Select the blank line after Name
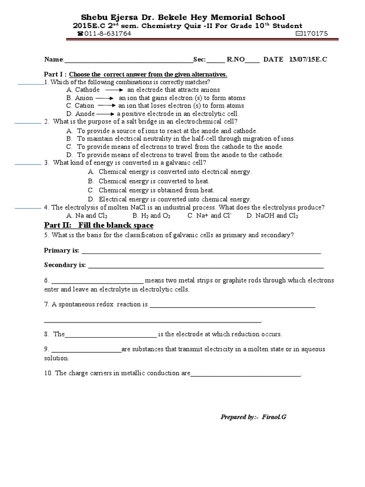128,61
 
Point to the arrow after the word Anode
106,114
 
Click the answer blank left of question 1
30,84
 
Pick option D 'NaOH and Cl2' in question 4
272,215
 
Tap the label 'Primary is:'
62,250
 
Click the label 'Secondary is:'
65,265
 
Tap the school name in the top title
183,17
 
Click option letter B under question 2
69,138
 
